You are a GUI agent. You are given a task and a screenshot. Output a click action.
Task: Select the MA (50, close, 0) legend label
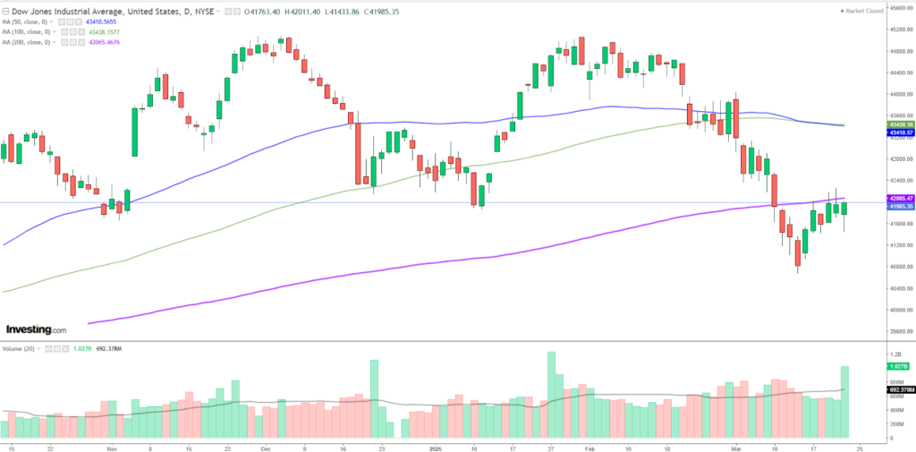click(x=30, y=21)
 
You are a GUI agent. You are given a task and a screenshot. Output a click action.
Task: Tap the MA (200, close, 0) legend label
click(x=31, y=42)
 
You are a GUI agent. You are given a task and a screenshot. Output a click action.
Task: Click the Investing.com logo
click(x=36, y=329)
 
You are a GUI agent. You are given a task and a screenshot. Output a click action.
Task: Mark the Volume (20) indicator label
click(x=19, y=347)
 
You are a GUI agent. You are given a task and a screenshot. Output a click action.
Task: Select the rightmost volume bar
click(x=844, y=397)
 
